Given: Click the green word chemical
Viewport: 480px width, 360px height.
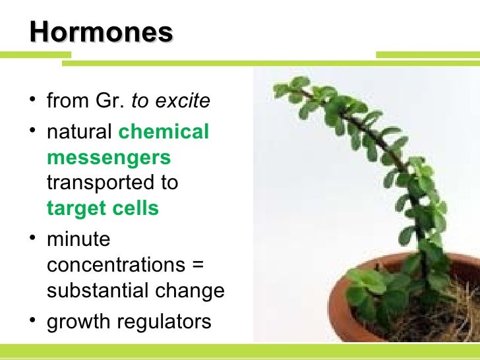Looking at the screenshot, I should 164,132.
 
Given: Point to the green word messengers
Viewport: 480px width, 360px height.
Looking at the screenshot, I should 109,158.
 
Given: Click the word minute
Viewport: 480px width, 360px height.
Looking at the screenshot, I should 78,239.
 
